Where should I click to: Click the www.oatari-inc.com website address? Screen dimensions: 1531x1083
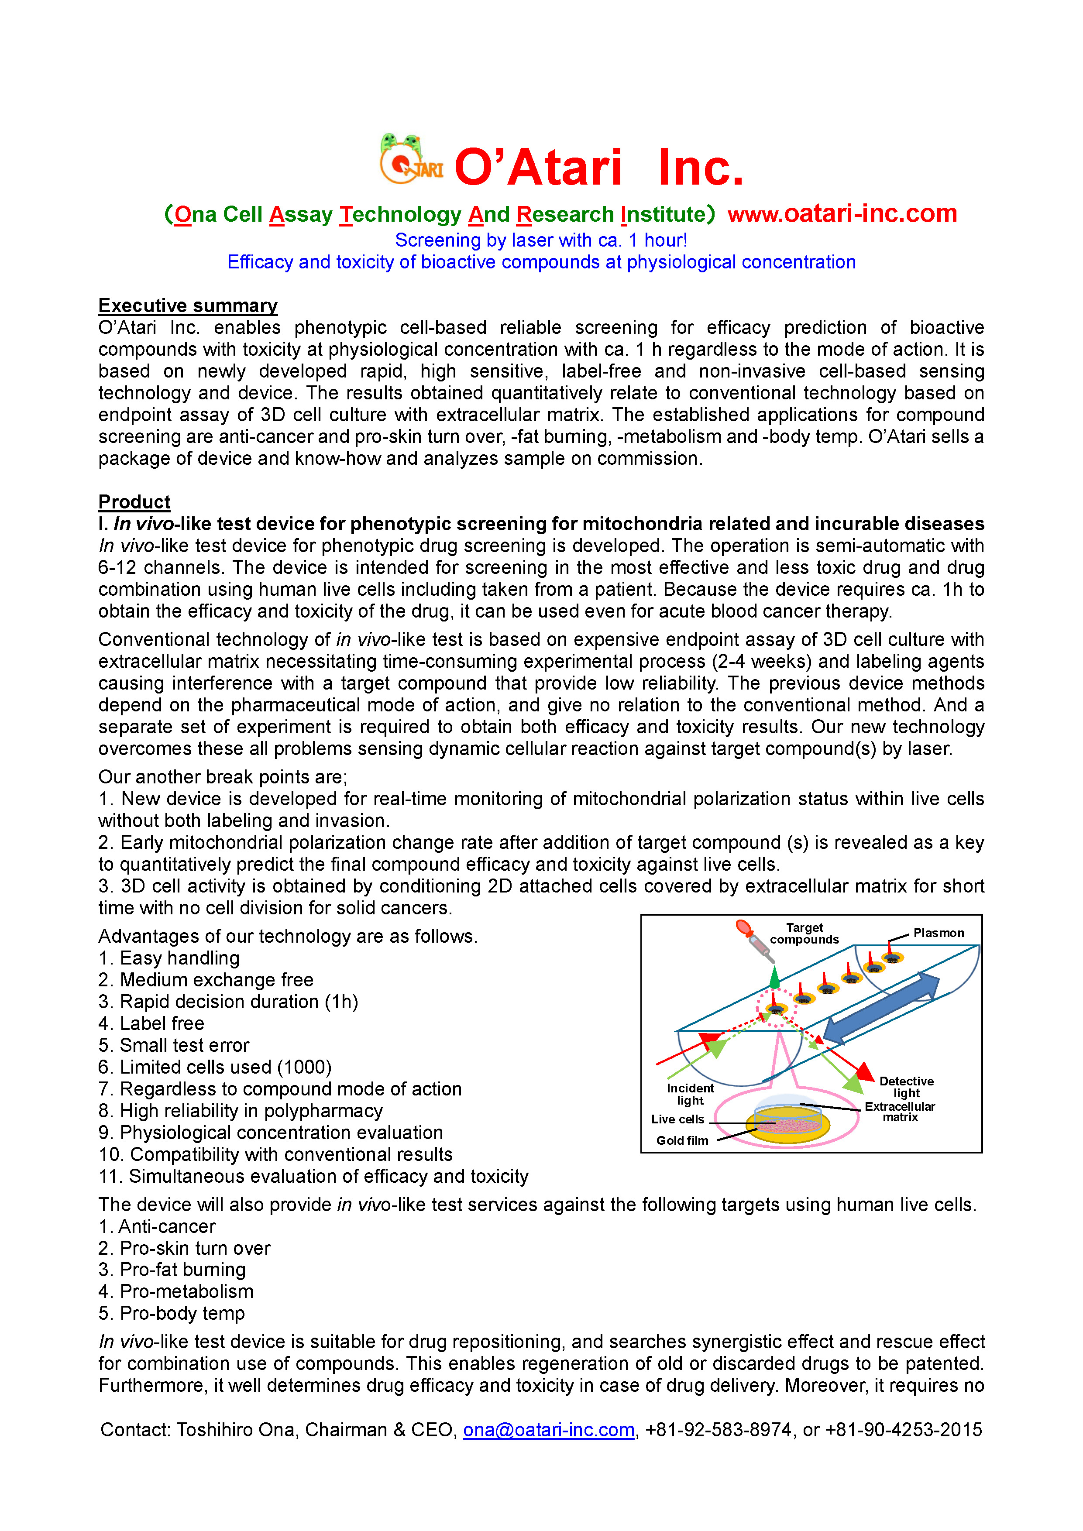pyautogui.click(x=842, y=213)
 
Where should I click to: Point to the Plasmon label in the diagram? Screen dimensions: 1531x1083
pyautogui.click(x=938, y=933)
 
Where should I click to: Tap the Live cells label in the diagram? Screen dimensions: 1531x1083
pyautogui.click(x=677, y=1119)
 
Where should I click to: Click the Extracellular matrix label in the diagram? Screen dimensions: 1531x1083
pyautogui.click(x=900, y=1112)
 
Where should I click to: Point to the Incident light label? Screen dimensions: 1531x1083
pyautogui.click(x=690, y=1094)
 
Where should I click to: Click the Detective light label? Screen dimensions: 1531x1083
pyautogui.click(x=906, y=1087)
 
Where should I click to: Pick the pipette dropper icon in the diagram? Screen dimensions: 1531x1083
pyautogui.click(x=754, y=939)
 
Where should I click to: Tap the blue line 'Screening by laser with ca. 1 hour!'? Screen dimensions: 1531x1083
pyautogui.click(x=541, y=240)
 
